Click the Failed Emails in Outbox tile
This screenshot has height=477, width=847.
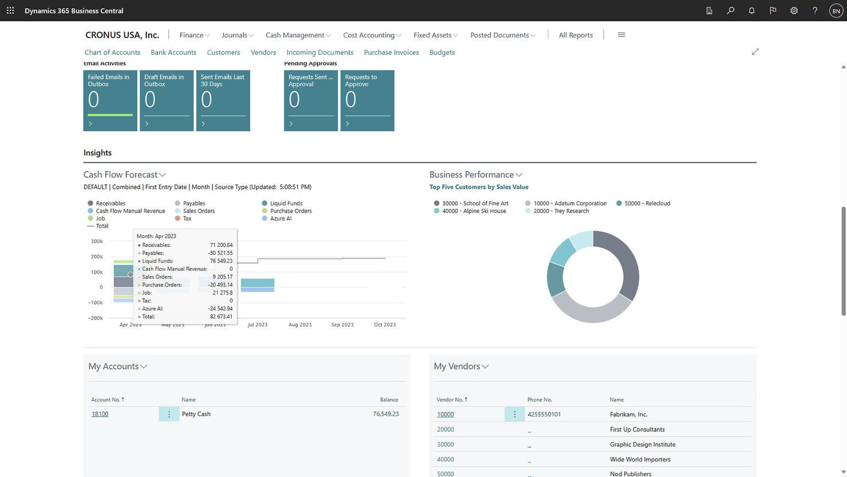tap(110, 100)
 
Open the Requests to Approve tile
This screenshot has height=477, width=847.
tap(367, 100)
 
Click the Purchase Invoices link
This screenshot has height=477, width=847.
tap(391, 52)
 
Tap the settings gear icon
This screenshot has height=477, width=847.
tap(794, 10)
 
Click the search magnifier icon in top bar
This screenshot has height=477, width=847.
tap(730, 10)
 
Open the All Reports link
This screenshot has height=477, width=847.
tap(575, 35)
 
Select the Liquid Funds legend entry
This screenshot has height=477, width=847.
tap(286, 203)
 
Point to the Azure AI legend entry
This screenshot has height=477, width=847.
tap(280, 218)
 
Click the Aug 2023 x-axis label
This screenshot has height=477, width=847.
tap(300, 325)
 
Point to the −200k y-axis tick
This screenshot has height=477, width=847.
tap(95, 318)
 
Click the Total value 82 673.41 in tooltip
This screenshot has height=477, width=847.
tap(221, 317)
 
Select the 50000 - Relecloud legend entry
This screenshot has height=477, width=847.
tap(647, 203)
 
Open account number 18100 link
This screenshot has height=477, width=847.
tap(100, 414)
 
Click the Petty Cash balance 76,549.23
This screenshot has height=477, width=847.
tap(385, 414)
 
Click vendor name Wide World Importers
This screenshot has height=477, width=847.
tap(640, 459)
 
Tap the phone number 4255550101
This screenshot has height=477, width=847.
tap(544, 415)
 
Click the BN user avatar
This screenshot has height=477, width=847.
tap(836, 10)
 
